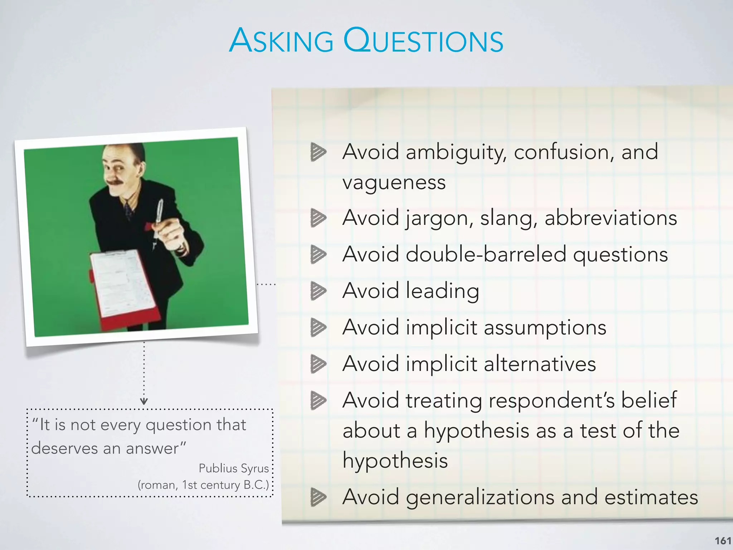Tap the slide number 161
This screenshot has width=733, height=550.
pos(723,540)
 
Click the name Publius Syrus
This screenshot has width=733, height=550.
pos(233,468)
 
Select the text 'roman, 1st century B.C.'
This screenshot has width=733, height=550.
pos(203,485)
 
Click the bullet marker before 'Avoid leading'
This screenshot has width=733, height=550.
pos(318,291)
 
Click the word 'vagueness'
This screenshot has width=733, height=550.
pos(394,183)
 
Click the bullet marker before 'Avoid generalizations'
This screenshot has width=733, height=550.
pos(318,497)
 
